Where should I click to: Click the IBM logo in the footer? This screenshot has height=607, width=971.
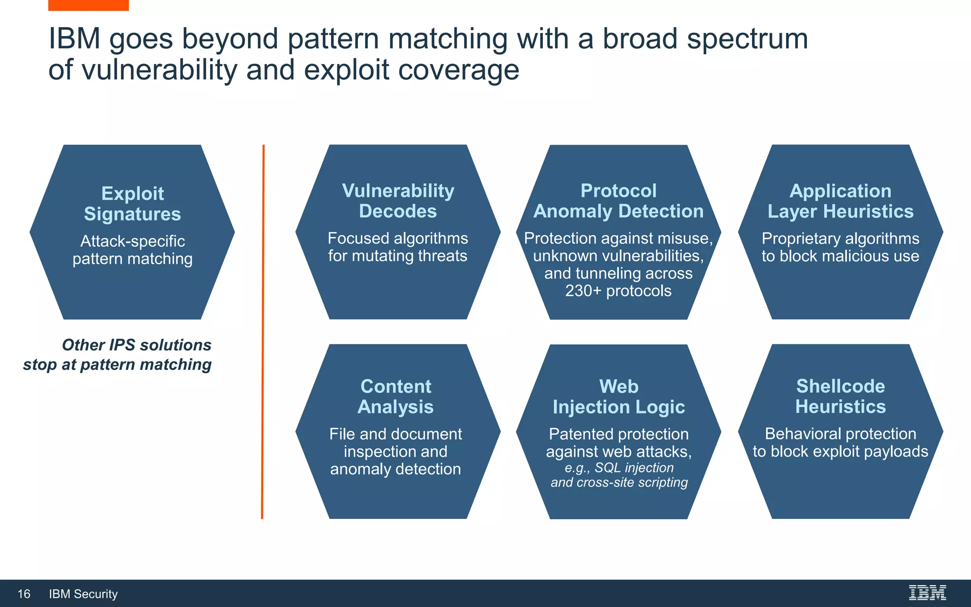tap(927, 593)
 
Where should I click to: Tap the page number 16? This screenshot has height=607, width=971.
tap(24, 594)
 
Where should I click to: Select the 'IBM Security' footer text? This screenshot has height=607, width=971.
tap(83, 594)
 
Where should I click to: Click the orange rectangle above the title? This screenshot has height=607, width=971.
tap(88, 5)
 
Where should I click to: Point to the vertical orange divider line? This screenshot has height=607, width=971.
tap(263, 332)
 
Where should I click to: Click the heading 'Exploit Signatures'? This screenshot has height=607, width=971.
tap(132, 203)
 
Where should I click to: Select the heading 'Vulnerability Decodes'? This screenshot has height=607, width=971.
tap(398, 201)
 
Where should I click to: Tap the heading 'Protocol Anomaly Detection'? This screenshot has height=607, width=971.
tap(618, 201)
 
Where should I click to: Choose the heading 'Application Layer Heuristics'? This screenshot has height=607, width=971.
tap(840, 201)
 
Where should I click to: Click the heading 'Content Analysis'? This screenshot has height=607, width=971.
tap(395, 396)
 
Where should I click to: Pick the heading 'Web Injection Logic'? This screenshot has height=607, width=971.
tap(618, 396)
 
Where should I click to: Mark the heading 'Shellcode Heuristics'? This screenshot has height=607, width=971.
tap(840, 396)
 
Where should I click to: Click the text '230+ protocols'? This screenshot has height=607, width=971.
tap(618, 291)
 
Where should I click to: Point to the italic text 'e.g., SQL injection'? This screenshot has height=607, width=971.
tap(619, 468)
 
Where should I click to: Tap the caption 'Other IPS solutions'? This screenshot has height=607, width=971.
tap(137, 345)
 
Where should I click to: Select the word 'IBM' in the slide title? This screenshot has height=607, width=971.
tap(74, 38)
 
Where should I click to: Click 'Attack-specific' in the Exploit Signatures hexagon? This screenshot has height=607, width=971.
tap(132, 241)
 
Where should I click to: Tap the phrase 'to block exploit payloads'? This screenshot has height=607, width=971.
tap(840, 451)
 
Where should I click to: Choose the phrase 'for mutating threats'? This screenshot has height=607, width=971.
tap(398, 256)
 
